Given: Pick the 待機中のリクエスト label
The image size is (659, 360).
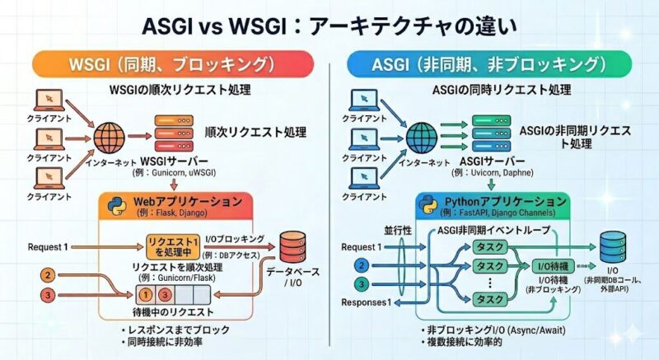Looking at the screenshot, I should [178, 312].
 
